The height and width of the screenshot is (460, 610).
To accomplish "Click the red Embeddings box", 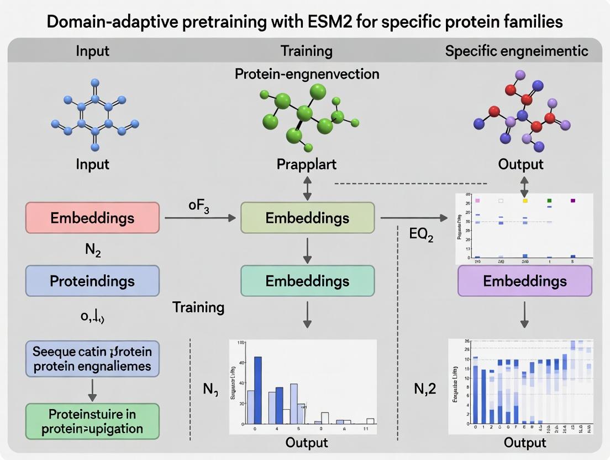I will [92, 217].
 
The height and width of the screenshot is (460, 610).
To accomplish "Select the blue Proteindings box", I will [92, 281].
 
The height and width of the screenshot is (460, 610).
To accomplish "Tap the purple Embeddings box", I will [524, 281].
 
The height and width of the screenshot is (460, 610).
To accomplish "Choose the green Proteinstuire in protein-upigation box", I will [92, 421].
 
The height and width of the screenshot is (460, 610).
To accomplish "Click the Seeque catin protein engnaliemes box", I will [92, 359].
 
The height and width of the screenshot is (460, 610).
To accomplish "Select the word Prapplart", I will [307, 164].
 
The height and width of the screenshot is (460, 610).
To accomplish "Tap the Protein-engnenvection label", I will [307, 74].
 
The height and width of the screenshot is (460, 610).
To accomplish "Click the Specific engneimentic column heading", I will [517, 51].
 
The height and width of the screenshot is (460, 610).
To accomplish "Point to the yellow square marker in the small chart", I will [524, 201].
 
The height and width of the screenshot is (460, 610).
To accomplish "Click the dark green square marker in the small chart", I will [549, 201].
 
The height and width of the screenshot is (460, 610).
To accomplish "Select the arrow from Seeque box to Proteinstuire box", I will [92, 389].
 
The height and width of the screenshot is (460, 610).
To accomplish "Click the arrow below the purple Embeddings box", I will [524, 316].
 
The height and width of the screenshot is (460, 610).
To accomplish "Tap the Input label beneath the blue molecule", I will [92, 164].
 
